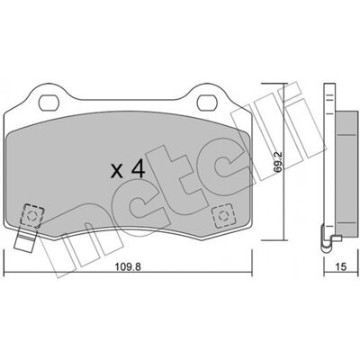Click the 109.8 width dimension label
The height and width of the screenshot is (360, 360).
(128, 266)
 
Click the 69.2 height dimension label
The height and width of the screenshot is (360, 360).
(278, 162)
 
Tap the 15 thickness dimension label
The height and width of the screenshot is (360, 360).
(341, 266)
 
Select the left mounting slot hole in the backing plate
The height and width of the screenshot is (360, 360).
(49, 103)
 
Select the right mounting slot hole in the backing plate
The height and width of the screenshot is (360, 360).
(207, 103)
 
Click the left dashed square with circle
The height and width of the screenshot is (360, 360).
(32, 215)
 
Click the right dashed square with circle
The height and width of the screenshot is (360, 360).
(222, 216)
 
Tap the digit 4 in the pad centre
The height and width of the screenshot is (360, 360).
(138, 168)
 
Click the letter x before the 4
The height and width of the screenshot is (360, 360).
(117, 172)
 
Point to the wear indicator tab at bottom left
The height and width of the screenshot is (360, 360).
(24, 239)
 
